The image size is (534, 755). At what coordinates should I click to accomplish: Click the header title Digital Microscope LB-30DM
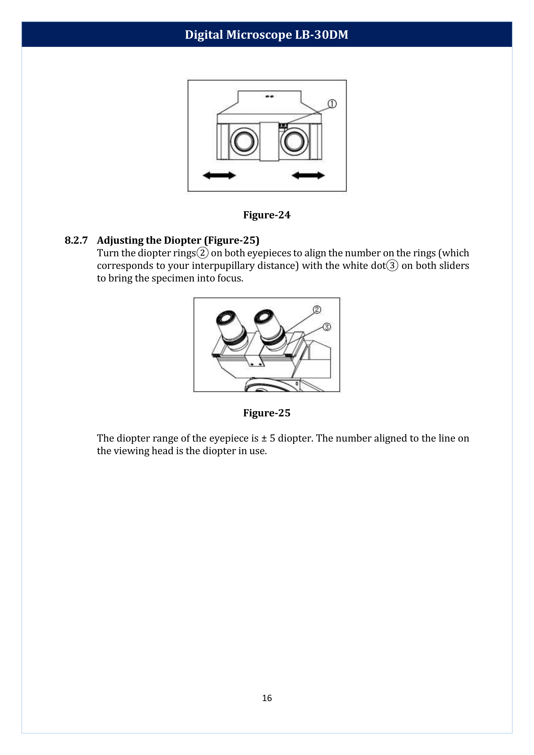pos(266,35)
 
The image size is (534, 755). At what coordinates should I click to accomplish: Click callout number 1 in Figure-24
pos(332,104)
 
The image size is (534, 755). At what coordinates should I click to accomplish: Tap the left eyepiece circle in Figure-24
pos(244,141)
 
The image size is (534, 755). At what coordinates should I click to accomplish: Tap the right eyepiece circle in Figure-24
pos(294,141)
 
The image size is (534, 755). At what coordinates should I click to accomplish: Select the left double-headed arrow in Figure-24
pos(219,175)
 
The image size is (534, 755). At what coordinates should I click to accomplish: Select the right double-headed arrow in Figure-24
pos(308,175)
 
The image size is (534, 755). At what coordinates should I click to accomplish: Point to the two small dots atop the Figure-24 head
pos(269,96)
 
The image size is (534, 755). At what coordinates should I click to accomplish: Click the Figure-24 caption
pos(267,215)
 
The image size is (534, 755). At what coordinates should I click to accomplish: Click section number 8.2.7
pos(76,240)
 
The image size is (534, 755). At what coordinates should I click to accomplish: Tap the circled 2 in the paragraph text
pos(202,253)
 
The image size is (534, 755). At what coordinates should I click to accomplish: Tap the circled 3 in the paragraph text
pos(392,265)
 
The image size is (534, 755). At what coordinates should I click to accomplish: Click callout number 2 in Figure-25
pos(317,310)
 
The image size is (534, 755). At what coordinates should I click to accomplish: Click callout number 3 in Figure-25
pos(326,327)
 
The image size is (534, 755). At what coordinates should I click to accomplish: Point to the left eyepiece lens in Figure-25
pos(226,318)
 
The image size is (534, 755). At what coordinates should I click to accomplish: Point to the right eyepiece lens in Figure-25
pos(264,316)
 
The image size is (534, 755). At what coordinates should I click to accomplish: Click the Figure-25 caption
pos(267,413)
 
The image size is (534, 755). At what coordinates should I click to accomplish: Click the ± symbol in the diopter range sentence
pos(264,438)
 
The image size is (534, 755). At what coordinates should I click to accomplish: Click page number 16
pos(267,698)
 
